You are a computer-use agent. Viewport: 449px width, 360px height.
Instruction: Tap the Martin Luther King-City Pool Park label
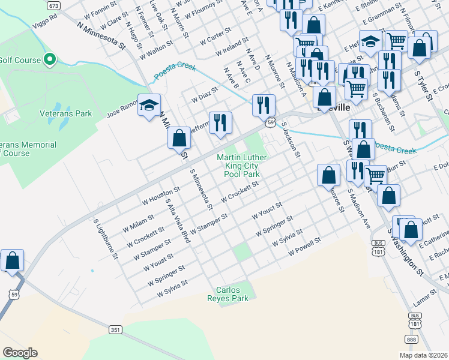(x=242, y=166)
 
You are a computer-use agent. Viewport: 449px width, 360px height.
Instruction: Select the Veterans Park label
(x=66, y=113)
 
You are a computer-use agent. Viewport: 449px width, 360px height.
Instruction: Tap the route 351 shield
(x=116, y=329)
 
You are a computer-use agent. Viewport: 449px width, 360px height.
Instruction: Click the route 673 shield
(x=54, y=5)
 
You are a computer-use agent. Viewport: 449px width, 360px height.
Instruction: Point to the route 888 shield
(x=411, y=340)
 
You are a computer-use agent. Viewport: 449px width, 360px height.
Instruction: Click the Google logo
(x=20, y=353)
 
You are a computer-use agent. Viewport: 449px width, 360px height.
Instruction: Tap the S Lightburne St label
(x=105, y=239)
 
